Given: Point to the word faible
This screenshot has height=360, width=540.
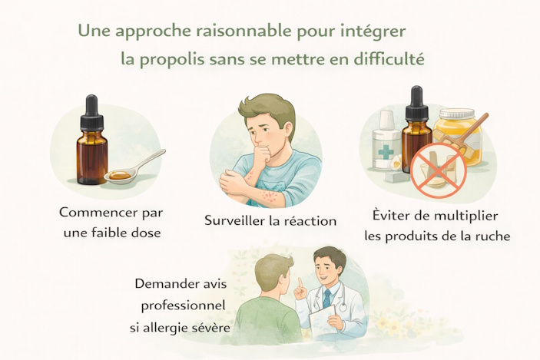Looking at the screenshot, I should tap(115, 233).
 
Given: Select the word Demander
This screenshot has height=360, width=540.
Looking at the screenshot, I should tap(167, 283).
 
